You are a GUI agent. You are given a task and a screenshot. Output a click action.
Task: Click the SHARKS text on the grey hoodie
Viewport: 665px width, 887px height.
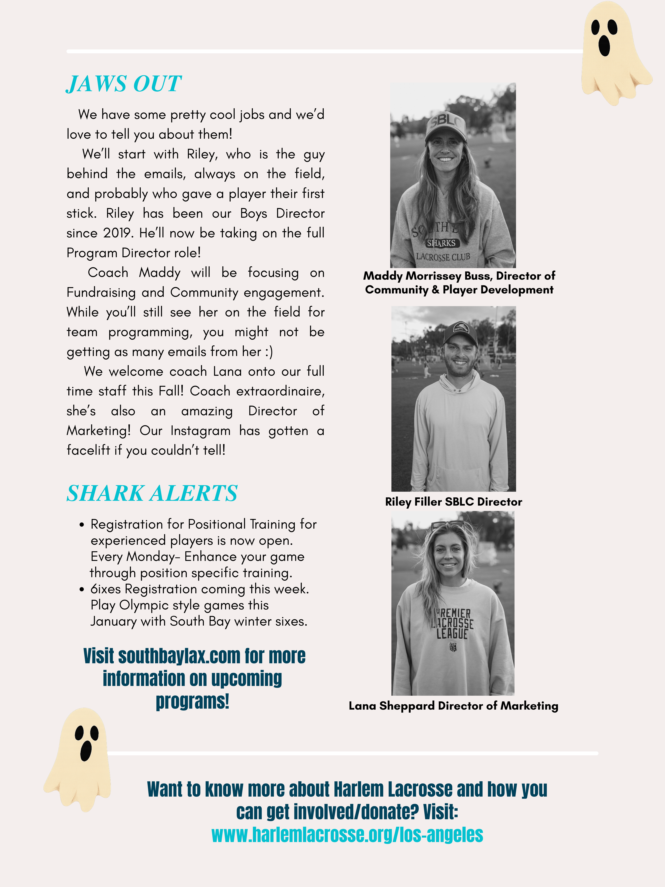[x=441, y=243]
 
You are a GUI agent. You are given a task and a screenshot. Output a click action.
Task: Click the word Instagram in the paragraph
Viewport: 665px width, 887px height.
[x=200, y=431]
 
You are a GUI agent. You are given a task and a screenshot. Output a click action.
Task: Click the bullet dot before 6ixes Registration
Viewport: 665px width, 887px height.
[x=82, y=589]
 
